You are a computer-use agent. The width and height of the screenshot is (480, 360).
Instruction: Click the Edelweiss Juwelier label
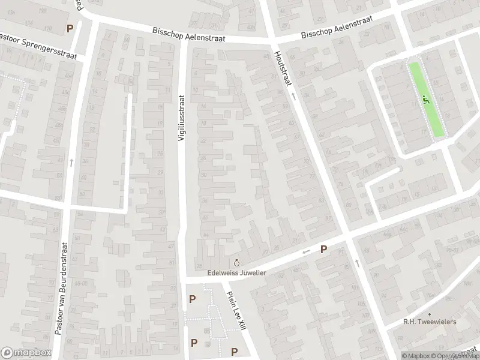click(x=236, y=272)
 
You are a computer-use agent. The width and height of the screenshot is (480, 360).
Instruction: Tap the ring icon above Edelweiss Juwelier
click(x=236, y=262)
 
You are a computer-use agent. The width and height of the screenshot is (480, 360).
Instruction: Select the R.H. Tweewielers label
click(x=429, y=322)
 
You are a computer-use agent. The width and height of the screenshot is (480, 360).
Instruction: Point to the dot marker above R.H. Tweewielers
click(x=429, y=314)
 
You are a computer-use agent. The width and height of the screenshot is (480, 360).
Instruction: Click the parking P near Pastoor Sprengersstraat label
click(x=70, y=28)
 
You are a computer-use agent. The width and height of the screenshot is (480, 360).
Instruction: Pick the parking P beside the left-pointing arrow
click(x=323, y=249)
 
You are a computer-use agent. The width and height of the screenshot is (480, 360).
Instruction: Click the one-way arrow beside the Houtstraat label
click(x=293, y=96)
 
